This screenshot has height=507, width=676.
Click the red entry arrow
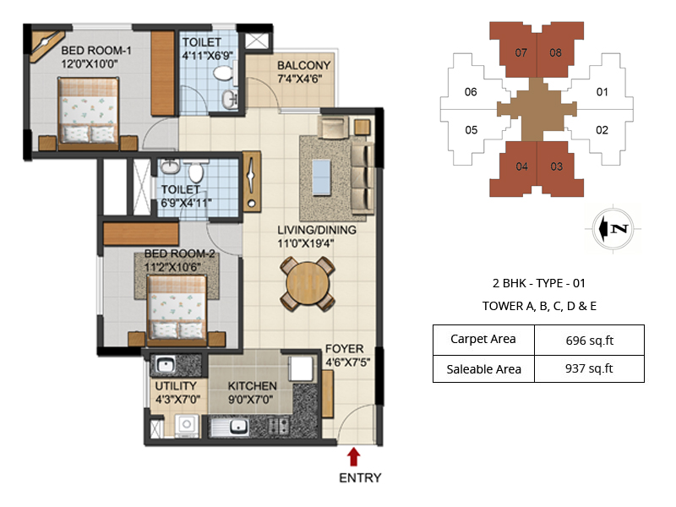[x=353, y=456]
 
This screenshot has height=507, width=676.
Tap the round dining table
[x=308, y=284]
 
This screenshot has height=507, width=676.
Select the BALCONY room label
[x=304, y=66]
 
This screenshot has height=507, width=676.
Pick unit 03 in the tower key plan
[x=559, y=168]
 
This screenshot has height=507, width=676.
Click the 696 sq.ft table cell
[x=589, y=341]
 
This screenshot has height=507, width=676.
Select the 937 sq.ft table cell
[x=589, y=368]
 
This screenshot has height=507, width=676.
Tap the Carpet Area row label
[x=482, y=339]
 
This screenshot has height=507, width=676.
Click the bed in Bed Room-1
[x=88, y=111]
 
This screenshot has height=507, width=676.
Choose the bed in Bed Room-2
[x=177, y=308]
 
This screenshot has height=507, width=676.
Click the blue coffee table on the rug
[x=322, y=177]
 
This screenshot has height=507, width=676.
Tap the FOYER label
[x=345, y=348]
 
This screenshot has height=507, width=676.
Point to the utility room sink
[x=164, y=366]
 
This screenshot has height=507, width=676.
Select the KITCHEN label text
[x=252, y=386]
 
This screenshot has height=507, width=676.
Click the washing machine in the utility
[x=187, y=425]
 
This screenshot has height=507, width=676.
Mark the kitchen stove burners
[x=279, y=426]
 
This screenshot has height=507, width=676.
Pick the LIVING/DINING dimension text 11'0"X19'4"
[x=306, y=243]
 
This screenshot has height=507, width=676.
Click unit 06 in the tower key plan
[x=471, y=92]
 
